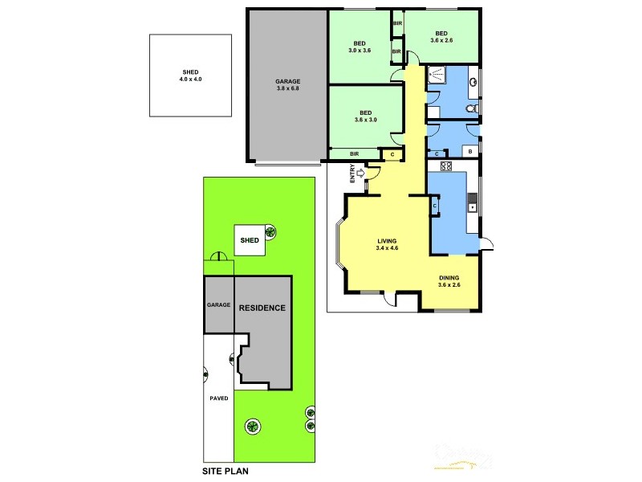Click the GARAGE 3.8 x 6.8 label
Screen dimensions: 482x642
(287, 85)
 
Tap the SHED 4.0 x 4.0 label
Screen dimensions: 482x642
(189, 76)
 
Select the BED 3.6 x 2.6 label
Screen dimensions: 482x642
(442, 37)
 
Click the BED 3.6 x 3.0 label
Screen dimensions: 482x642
(365, 116)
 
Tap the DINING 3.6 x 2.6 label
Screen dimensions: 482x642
(449, 281)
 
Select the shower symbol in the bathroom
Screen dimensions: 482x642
(437, 76)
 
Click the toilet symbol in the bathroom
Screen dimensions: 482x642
(473, 108)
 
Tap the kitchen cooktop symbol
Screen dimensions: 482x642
(446, 167)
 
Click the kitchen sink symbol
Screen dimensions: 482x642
(473, 206)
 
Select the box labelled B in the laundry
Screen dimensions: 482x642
(469, 150)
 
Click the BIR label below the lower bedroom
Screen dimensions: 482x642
(354, 153)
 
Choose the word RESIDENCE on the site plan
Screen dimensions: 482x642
(262, 308)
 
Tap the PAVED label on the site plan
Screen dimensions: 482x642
(219, 398)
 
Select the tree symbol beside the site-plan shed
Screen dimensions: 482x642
(271, 234)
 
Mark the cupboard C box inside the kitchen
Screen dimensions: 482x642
(434, 206)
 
